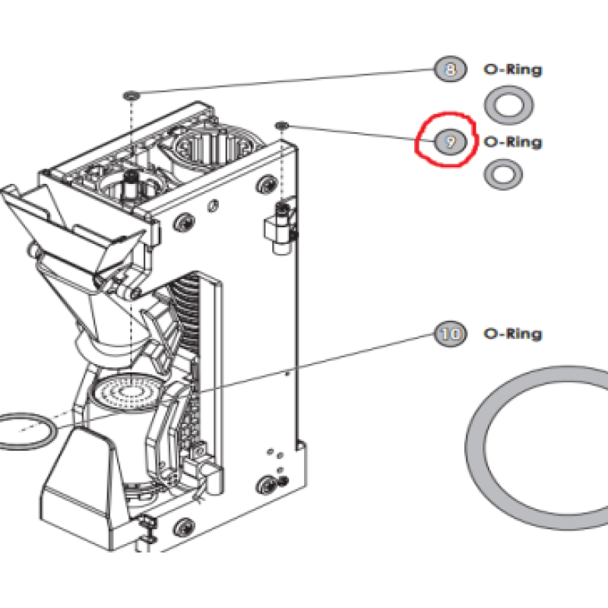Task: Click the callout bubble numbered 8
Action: tap(450, 69)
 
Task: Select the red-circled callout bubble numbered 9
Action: tap(450, 142)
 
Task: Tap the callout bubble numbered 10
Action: tap(450, 334)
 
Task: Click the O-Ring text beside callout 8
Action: tap(512, 70)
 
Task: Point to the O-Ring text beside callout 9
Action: tap(512, 142)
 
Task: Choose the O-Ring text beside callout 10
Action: tap(512, 334)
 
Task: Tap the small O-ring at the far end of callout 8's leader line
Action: tap(131, 96)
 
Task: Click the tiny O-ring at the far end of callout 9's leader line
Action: tap(282, 125)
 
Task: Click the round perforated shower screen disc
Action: tap(126, 392)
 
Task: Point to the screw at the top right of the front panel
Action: tap(267, 184)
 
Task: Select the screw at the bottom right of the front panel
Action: tap(267, 485)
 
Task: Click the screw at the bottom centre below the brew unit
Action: tap(183, 527)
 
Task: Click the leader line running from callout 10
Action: tap(316, 363)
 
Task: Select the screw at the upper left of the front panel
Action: tap(183, 222)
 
